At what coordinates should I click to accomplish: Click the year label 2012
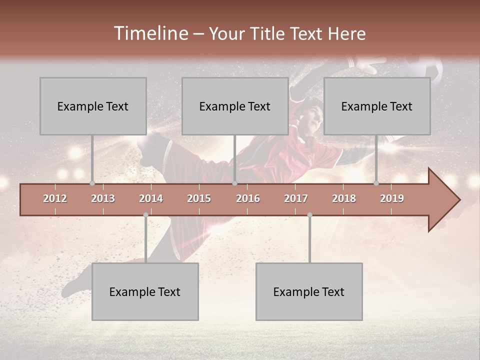pyautogui.click(x=55, y=198)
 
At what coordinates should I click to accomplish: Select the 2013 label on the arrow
pyautogui.click(x=103, y=198)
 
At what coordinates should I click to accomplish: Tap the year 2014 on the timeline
pyautogui.click(x=151, y=198)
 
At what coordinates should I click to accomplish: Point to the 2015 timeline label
pyautogui.click(x=199, y=198)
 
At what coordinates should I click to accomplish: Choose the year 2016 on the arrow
pyautogui.click(x=248, y=198)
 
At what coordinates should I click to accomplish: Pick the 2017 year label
pyautogui.click(x=296, y=198)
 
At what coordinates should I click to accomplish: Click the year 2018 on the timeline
pyautogui.click(x=344, y=198)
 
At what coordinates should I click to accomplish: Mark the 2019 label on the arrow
pyautogui.click(x=392, y=198)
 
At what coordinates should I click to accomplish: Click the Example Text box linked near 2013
pyautogui.click(x=93, y=106)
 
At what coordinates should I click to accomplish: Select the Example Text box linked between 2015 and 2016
pyautogui.click(x=235, y=106)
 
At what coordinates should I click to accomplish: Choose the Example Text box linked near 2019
pyautogui.click(x=377, y=106)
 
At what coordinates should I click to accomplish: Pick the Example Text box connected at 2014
pyautogui.click(x=145, y=291)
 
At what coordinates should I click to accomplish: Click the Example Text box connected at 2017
pyautogui.click(x=309, y=291)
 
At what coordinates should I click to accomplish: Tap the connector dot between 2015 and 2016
pyautogui.click(x=234, y=183)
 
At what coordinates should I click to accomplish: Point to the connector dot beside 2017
pyautogui.click(x=309, y=215)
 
